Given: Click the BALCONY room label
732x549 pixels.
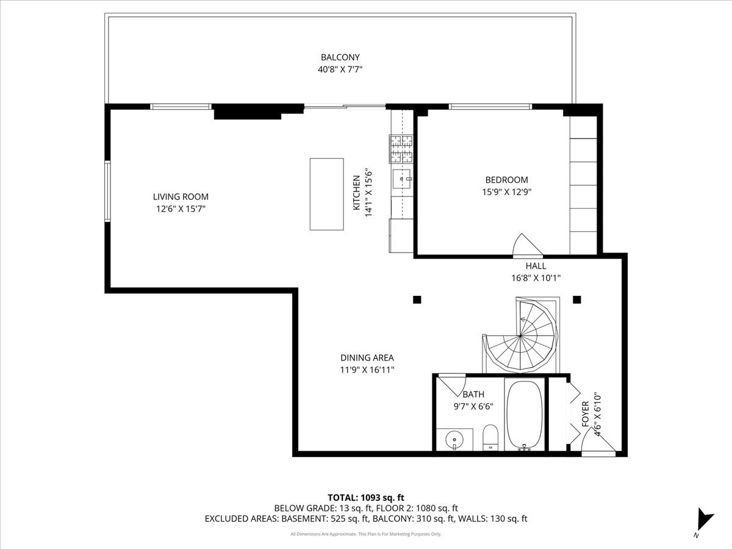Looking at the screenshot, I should [340, 57].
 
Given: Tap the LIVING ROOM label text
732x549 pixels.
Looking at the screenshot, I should [181, 196].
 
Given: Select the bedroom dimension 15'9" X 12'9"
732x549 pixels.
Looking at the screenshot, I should [506, 192].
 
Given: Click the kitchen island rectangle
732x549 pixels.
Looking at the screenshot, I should [326, 194].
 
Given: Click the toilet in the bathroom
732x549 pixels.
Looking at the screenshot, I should [490, 438].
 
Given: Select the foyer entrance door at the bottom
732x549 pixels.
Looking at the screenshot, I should [598, 443].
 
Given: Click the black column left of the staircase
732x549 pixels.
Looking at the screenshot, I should [417, 300].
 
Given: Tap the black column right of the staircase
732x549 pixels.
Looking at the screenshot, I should [576, 300].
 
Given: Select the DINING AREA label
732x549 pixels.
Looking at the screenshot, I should [367, 358].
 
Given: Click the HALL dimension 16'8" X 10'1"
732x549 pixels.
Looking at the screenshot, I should [536, 278].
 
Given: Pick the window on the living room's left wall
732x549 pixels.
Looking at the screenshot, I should [107, 192].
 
